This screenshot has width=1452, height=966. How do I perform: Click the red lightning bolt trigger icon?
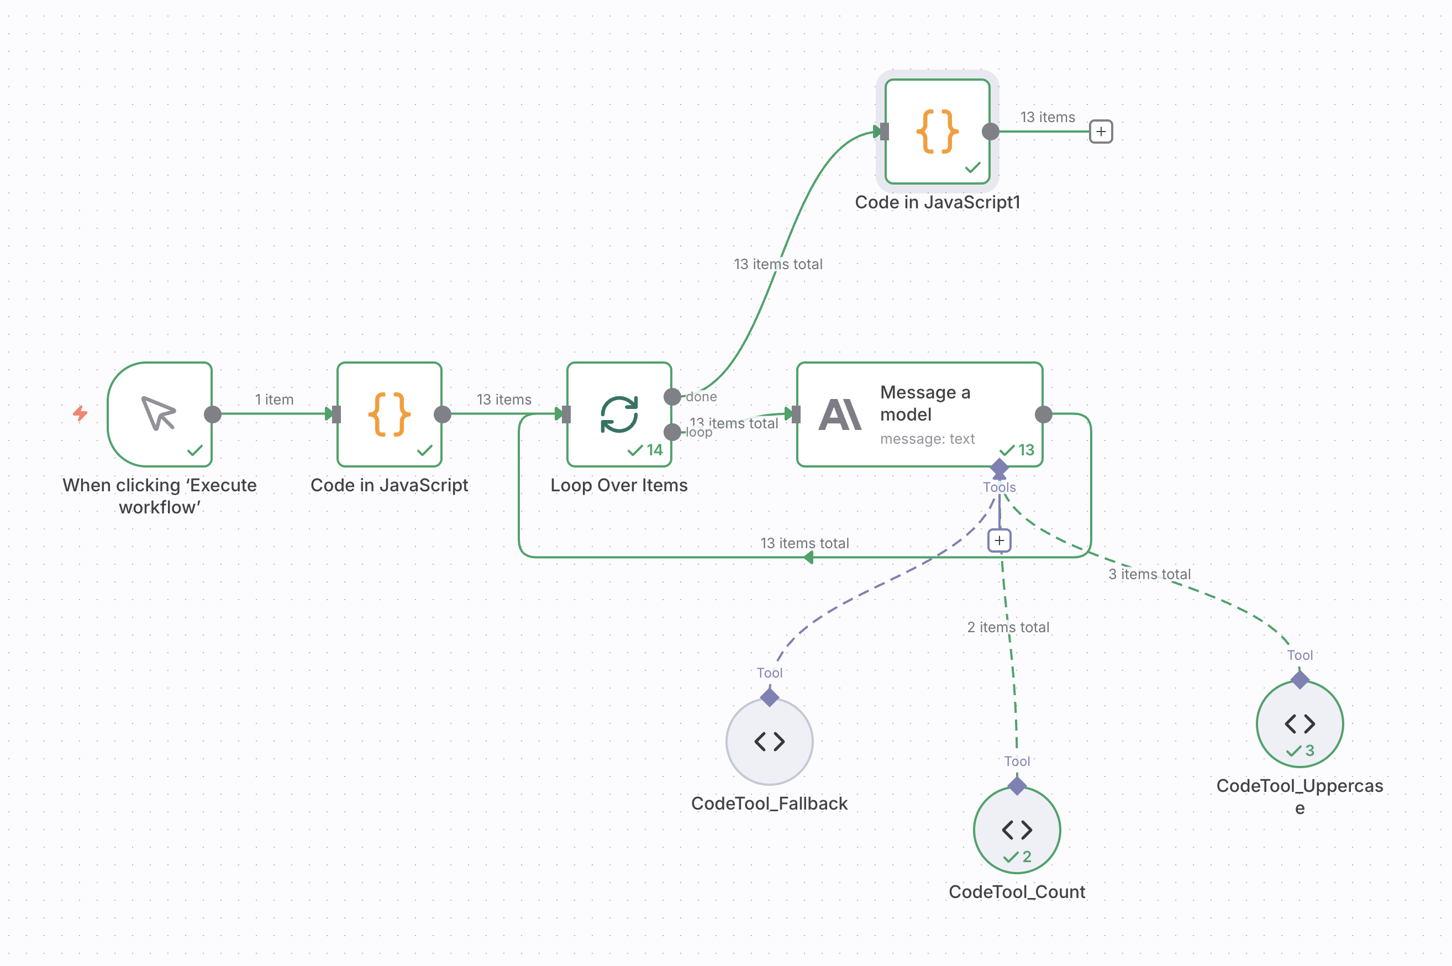(x=80, y=413)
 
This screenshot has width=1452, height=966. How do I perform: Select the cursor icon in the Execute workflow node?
(x=159, y=413)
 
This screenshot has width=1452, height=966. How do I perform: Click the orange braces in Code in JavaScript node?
(x=389, y=414)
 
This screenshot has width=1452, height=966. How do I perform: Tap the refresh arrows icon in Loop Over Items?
(x=619, y=414)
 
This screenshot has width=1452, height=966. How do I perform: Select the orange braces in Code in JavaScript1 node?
(x=937, y=131)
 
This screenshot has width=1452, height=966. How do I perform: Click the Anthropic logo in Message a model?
(x=839, y=414)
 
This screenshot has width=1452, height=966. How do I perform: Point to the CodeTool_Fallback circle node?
(x=769, y=742)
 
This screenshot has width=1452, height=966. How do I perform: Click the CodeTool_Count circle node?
(x=1017, y=830)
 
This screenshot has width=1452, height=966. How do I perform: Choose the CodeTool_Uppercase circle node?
(x=1300, y=724)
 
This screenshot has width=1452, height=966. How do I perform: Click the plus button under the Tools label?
(x=999, y=540)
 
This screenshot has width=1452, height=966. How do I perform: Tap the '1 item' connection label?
(x=274, y=399)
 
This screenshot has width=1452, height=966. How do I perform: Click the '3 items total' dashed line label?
(x=1149, y=574)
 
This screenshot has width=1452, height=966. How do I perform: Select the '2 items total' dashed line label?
(x=1008, y=627)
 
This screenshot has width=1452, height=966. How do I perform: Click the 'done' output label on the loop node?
(x=701, y=397)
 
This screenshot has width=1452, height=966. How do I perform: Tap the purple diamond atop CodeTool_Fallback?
(x=769, y=697)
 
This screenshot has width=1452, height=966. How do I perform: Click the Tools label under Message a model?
(x=999, y=487)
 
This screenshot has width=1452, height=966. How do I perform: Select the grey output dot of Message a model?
(x=1043, y=414)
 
